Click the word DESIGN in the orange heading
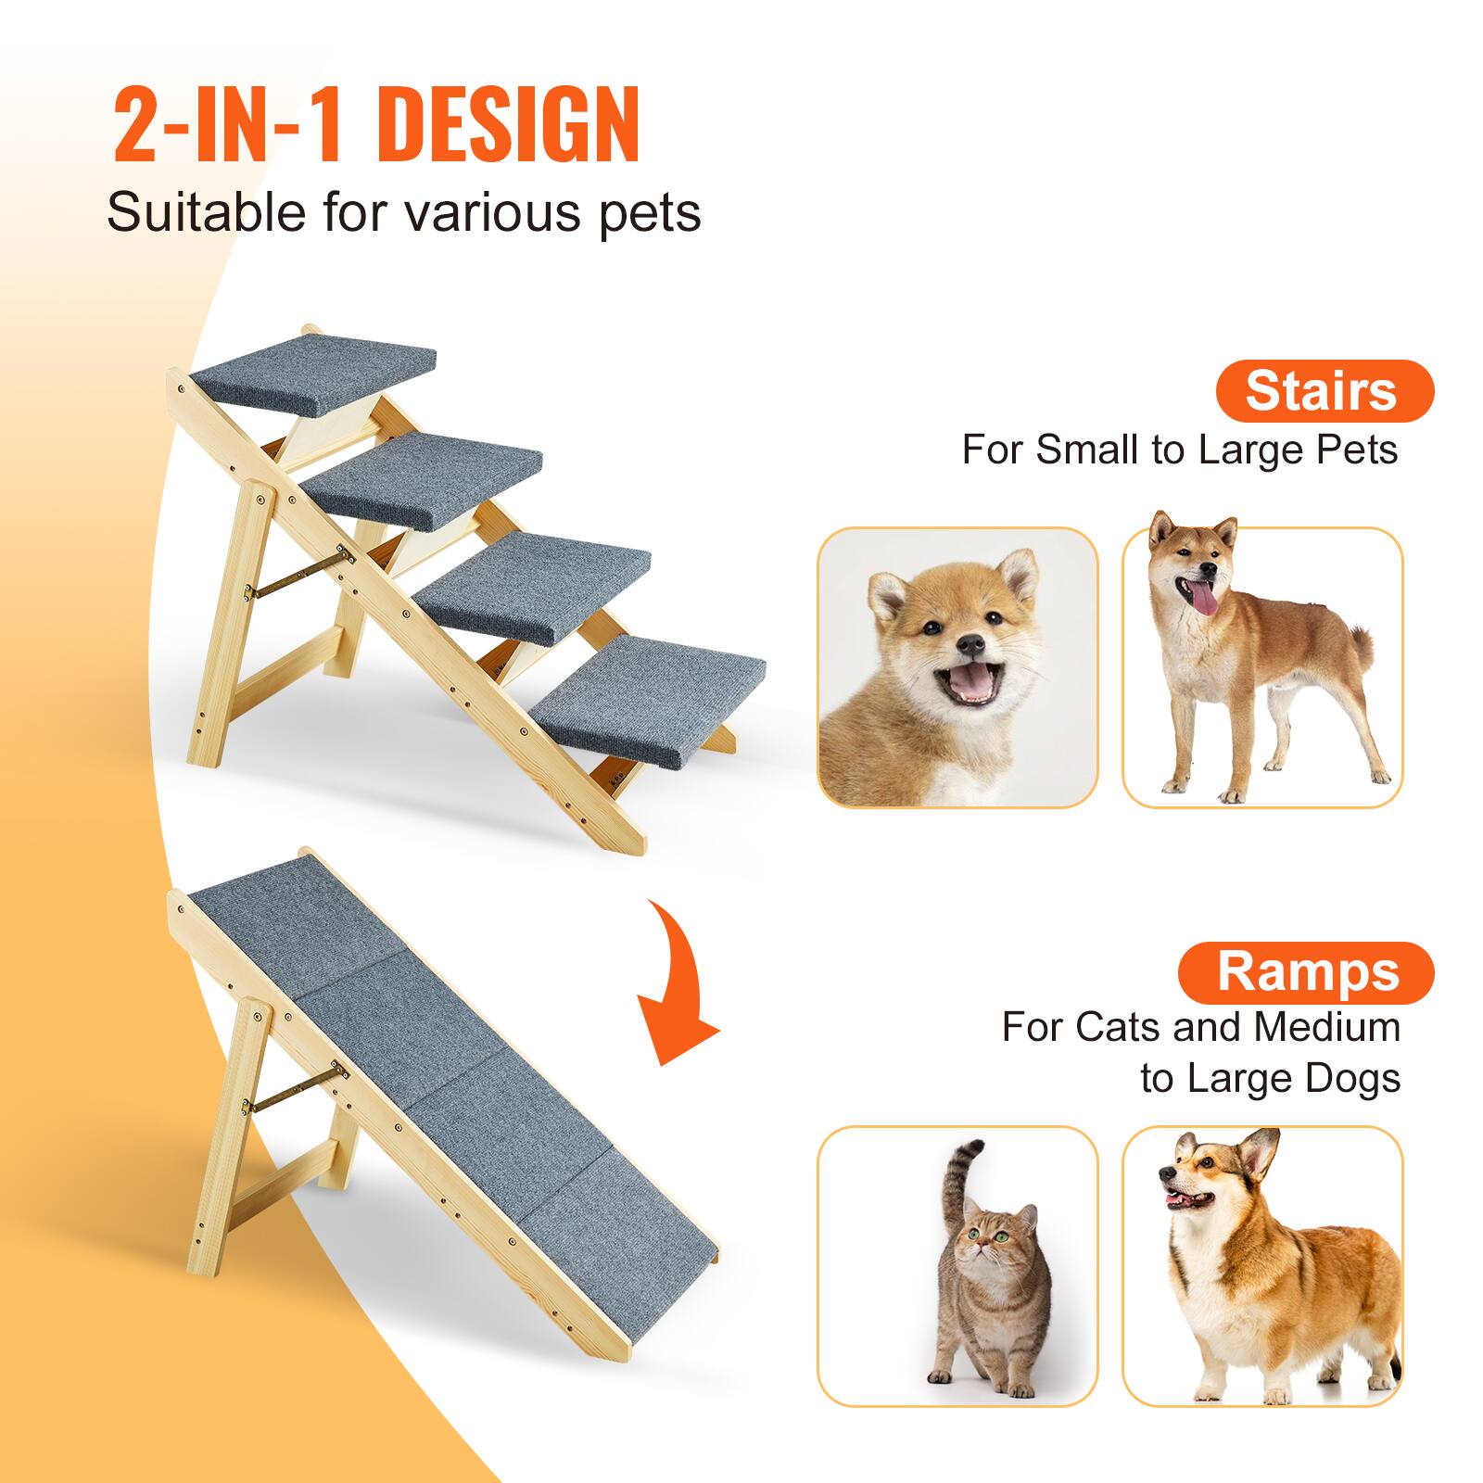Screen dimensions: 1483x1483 (509, 126)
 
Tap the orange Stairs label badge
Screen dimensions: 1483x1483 (1323, 390)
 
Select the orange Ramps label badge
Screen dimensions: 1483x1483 (1306, 972)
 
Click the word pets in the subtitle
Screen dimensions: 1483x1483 (650, 213)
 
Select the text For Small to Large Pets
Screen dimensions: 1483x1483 (1179, 450)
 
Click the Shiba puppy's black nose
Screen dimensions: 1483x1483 (970, 642)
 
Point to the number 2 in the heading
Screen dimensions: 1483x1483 (139, 126)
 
